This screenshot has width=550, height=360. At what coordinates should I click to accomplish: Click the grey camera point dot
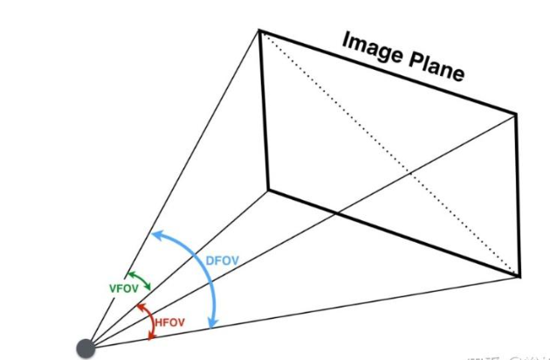point(86,347)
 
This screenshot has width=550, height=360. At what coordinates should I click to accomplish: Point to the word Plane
point(434,66)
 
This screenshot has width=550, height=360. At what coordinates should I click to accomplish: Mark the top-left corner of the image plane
point(259,31)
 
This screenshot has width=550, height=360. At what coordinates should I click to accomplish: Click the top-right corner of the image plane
point(517,114)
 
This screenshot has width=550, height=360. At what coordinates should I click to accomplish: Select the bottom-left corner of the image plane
point(267,188)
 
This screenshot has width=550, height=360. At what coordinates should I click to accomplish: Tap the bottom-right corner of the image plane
point(520,275)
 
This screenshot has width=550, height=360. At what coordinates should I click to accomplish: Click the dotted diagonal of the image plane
point(388,153)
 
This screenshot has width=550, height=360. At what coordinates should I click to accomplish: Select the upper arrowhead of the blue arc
point(155,233)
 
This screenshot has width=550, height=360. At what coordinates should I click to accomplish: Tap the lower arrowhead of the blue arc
point(212,324)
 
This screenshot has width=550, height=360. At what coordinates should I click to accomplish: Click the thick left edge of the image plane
point(263,109)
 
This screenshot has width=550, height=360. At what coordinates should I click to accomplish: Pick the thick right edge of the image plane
point(519,194)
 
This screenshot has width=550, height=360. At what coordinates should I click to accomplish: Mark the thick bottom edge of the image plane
point(393,232)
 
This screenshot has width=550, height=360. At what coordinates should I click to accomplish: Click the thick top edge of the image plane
point(388,73)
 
